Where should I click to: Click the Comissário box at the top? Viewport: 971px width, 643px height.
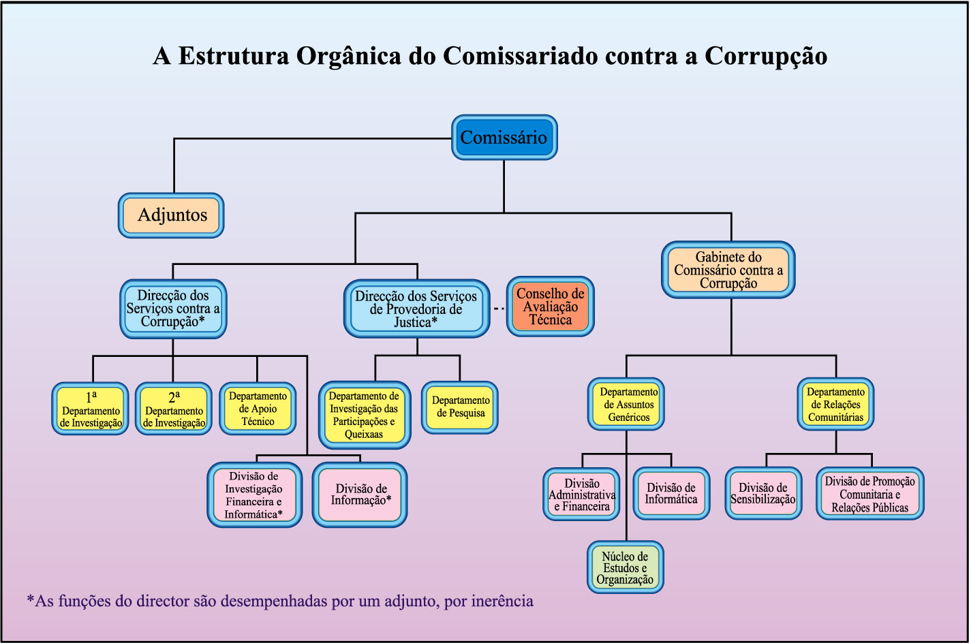pyautogui.click(x=504, y=138)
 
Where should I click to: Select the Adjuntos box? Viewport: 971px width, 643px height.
pyautogui.click(x=172, y=215)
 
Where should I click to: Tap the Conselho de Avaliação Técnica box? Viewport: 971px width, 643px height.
pyautogui.click(x=550, y=307)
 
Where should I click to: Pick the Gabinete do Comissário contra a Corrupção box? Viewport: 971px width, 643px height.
pyautogui.click(x=728, y=270)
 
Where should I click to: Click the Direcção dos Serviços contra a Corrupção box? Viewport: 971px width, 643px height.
pyautogui.click(x=173, y=309)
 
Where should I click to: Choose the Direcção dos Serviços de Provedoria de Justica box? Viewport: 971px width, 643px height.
pyautogui.click(x=416, y=309)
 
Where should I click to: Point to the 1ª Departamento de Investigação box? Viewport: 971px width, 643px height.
pyautogui.click(x=91, y=409)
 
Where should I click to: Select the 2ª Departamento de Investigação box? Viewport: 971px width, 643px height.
pyautogui.click(x=174, y=409)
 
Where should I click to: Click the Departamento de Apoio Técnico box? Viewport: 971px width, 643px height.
pyautogui.click(x=258, y=409)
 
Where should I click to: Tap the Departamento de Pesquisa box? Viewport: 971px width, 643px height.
pyautogui.click(x=461, y=407)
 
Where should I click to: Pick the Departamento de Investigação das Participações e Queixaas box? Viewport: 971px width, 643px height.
pyautogui.click(x=365, y=415)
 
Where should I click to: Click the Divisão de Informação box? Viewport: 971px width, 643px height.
pyautogui.click(x=360, y=495)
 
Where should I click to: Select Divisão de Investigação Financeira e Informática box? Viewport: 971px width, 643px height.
pyautogui.click(x=254, y=495)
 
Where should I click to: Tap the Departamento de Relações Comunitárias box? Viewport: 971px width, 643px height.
pyautogui.click(x=835, y=405)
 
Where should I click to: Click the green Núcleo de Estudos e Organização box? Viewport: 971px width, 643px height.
pyautogui.click(x=625, y=568)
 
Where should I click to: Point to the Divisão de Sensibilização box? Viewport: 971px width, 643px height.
pyautogui.click(x=762, y=493)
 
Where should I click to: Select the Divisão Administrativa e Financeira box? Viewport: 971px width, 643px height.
pyautogui.click(x=582, y=495)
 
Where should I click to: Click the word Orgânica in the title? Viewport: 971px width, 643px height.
pyautogui.click(x=348, y=56)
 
